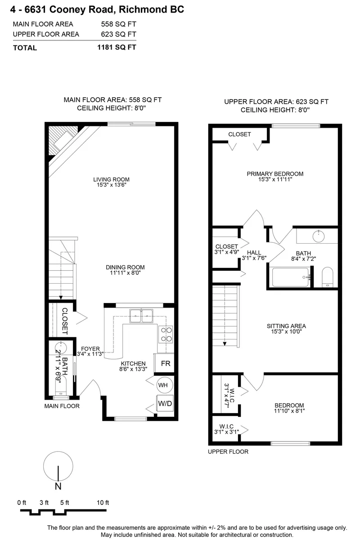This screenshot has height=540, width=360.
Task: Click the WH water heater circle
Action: click(x=163, y=385)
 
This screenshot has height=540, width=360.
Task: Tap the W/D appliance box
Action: click(x=165, y=403)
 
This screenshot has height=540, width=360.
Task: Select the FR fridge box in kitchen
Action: click(x=165, y=363)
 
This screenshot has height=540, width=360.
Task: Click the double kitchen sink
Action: click(x=141, y=317)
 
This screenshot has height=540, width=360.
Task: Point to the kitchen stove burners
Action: click(x=166, y=335)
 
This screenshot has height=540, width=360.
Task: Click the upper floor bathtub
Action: click(x=291, y=277)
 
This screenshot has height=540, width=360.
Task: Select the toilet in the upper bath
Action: click(x=328, y=277)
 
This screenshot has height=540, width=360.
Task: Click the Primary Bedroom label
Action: click(x=275, y=174)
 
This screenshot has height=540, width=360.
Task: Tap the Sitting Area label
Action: click(x=286, y=326)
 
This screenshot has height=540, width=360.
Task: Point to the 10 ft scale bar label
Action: click(x=103, y=503)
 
